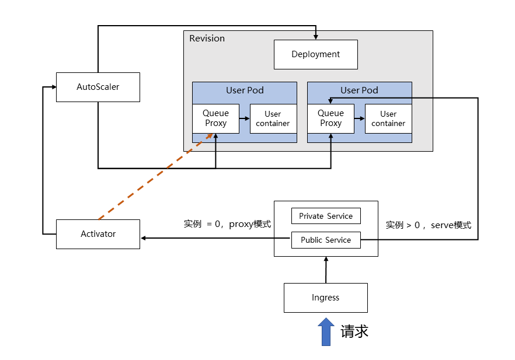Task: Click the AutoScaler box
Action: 98,87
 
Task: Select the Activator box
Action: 98,234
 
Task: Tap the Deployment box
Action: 315,54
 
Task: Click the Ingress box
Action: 325,298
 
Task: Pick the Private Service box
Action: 326,216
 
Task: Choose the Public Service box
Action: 326,240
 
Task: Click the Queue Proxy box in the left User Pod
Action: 215,118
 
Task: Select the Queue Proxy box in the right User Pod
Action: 330,118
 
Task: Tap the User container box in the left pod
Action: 273,118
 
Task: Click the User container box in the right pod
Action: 388,118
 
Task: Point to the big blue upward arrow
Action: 326,332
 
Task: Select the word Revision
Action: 207,39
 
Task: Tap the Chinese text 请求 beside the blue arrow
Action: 354,332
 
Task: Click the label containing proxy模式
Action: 227,224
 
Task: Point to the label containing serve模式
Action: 428,225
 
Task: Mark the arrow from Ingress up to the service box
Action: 326,270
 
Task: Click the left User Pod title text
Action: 245,90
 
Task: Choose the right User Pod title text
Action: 359,90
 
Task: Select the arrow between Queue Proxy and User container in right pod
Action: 359,118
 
